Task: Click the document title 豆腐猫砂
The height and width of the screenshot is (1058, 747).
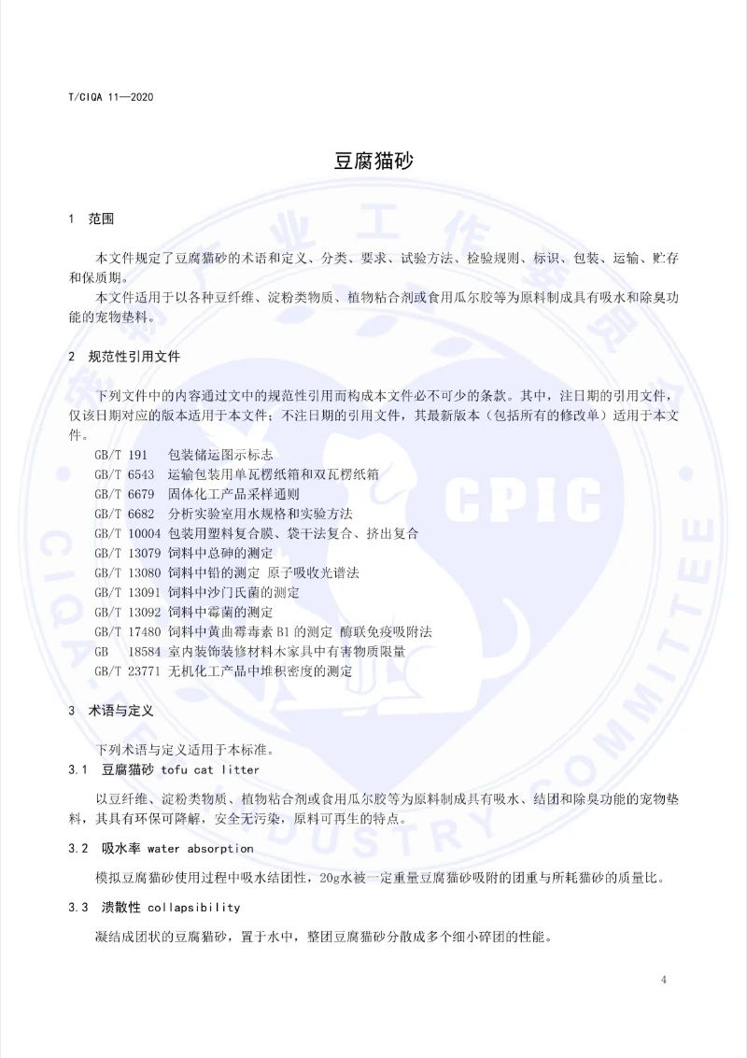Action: (x=373, y=160)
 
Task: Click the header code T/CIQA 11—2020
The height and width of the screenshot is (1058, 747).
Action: (x=111, y=97)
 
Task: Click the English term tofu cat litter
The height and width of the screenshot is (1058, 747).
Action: (x=210, y=769)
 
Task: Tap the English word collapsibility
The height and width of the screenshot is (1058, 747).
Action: (x=194, y=907)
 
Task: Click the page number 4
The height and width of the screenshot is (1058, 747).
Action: (x=663, y=980)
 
